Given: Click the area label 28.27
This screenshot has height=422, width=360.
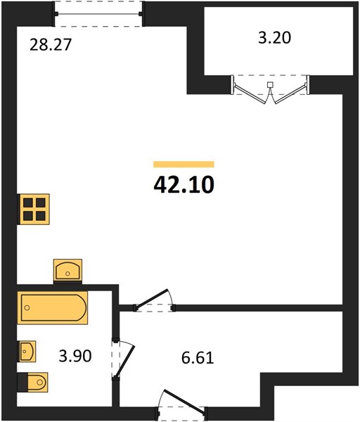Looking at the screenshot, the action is pos(51,45).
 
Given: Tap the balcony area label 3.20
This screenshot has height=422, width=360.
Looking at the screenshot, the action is pos(274,38).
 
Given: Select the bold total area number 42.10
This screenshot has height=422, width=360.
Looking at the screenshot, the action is pos(184,185).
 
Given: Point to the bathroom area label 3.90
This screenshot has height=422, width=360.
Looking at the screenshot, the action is pos(75,356).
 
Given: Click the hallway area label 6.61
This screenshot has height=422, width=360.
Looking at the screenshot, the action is pos(198,358).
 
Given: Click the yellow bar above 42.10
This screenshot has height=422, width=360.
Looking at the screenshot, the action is pos(184,164).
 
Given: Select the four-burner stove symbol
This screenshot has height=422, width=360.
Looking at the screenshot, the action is pos(33,209).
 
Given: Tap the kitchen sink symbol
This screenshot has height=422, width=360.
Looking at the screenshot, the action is pos(67,271).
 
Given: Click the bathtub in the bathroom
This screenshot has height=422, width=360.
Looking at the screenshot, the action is pos(53,308).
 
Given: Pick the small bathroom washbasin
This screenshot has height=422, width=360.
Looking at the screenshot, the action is pos(27,351).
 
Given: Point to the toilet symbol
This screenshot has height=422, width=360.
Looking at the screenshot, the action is pos(33,382).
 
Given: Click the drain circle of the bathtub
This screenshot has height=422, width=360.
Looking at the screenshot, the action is pos(27,307).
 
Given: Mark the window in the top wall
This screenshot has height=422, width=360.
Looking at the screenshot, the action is pos(98,14).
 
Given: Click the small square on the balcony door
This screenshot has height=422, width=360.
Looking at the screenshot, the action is pos(270,85).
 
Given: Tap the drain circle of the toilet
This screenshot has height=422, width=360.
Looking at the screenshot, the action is pos(40,382).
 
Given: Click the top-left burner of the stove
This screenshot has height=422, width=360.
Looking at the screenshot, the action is pos(27,203).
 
